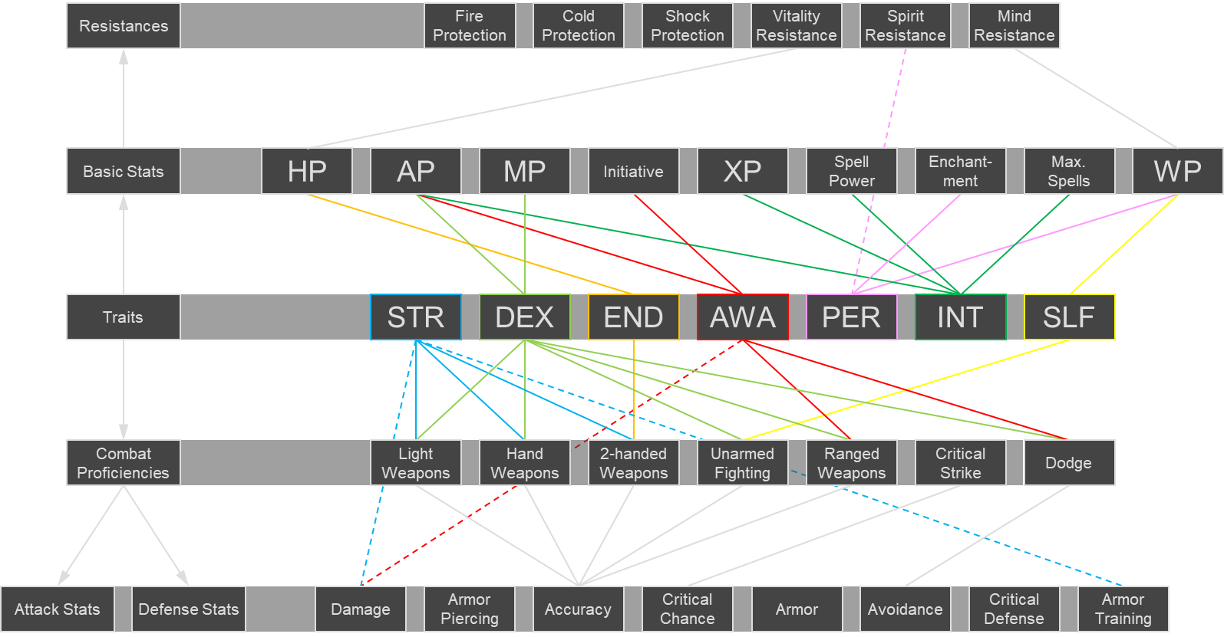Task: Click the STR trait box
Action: pos(415,317)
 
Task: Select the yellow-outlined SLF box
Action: pos(1069,317)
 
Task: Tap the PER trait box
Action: pos(851,317)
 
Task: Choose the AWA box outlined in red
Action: pos(742,317)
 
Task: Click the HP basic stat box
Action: pos(307,171)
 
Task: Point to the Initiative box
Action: pos(633,171)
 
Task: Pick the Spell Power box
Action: pos(851,171)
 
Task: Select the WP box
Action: pos(1177,171)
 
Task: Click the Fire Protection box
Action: pos(470,25)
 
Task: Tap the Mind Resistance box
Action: pos(1014,25)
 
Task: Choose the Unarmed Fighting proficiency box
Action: pos(742,462)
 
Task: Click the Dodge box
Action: pos(1069,462)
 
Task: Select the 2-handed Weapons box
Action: pos(633,462)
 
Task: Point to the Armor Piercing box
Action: pos(470,609)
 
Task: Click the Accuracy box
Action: pos(578,609)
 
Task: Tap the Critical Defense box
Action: pos(1014,609)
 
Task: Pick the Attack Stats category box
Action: pos(58,609)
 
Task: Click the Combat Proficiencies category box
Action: pos(124,462)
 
